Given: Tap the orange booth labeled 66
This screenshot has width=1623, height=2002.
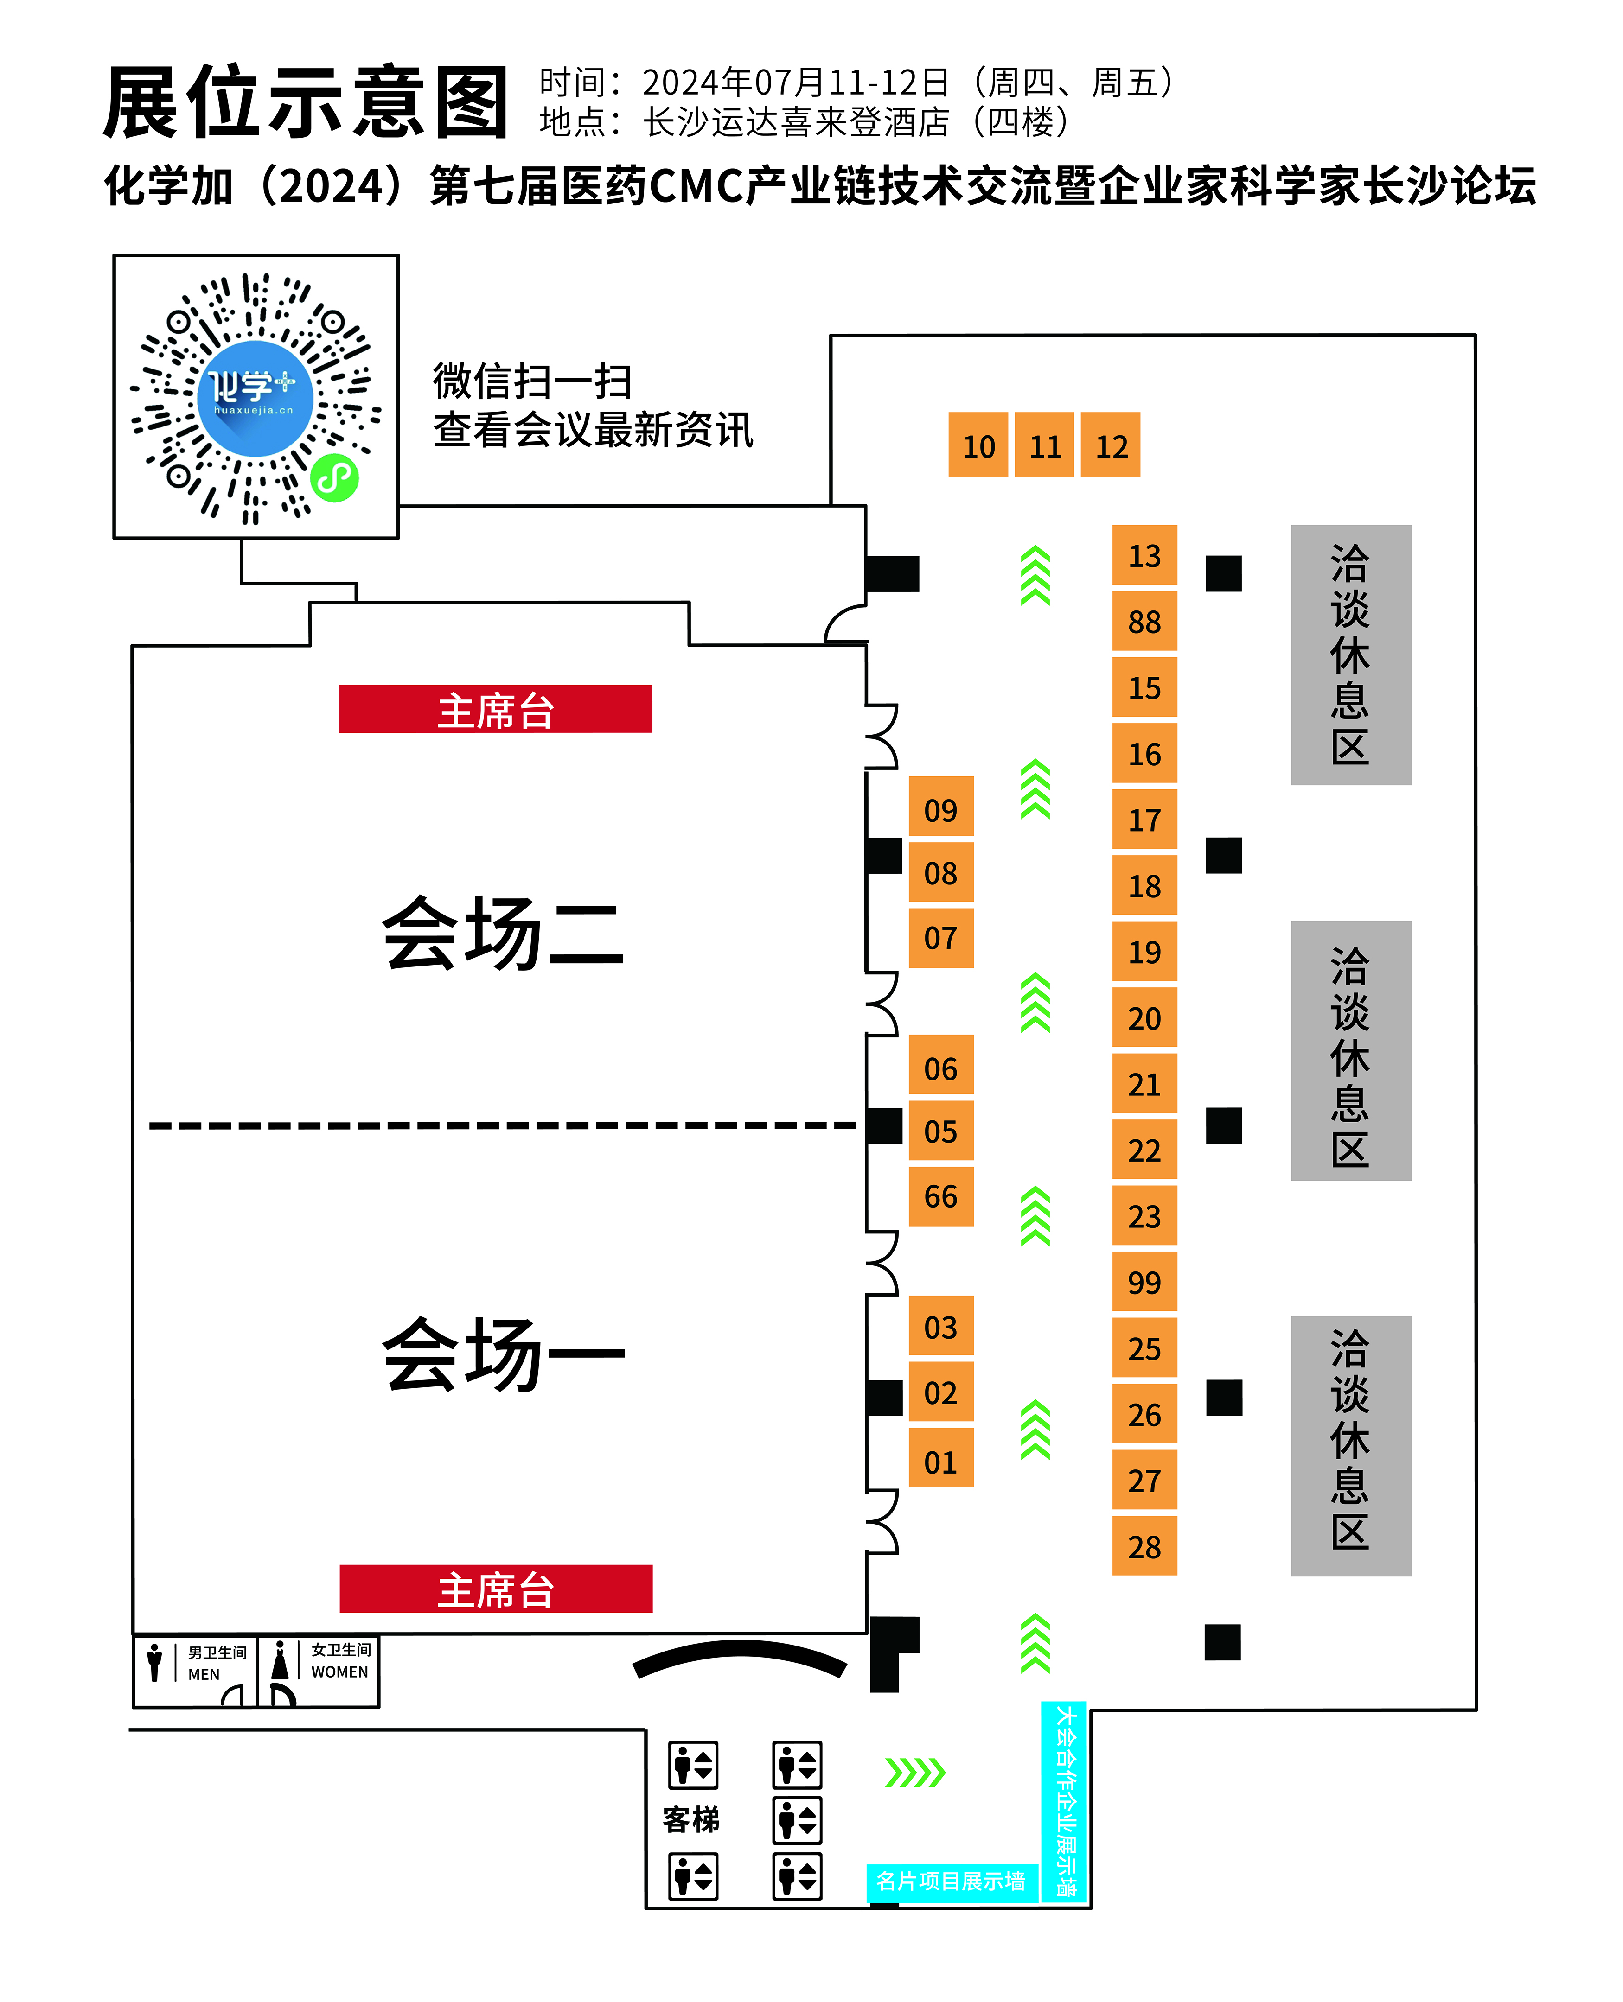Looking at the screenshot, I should point(940,1196).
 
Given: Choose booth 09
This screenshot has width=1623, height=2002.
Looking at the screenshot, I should point(940,809).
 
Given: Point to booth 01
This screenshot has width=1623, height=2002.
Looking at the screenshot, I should point(940,1462).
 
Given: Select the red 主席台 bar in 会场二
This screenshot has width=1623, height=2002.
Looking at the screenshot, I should point(496,709).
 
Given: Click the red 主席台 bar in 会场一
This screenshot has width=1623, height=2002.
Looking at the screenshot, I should point(496,1589).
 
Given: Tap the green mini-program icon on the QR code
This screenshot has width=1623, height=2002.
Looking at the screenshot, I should point(334,478).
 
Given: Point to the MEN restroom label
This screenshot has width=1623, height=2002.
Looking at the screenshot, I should point(204,1674).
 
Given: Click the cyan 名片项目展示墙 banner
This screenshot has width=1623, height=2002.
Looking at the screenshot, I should point(951,1881).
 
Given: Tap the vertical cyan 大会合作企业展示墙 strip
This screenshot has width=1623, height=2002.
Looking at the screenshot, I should point(1065,1801).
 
